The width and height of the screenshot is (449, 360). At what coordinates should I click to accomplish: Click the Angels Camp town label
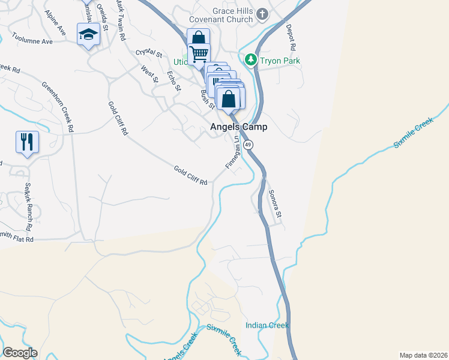coord(238,127)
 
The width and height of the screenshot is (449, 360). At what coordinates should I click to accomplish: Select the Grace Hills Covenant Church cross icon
coord(262,13)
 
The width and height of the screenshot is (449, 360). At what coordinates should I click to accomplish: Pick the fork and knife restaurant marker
coord(27,142)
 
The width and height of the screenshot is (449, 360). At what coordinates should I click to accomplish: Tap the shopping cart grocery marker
coord(199,54)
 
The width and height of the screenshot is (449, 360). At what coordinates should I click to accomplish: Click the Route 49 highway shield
coord(249,145)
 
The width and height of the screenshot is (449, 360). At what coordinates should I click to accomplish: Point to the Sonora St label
coord(275,203)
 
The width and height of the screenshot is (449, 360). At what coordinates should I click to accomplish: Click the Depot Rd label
coord(291,37)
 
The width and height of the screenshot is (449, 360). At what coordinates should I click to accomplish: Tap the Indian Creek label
coord(267,325)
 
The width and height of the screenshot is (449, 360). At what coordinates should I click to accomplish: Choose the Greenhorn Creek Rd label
coord(58,107)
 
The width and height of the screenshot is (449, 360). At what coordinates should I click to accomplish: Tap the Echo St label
coord(173,80)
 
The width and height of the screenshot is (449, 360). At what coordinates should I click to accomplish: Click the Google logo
coord(20,353)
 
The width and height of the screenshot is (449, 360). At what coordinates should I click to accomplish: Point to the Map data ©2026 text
coord(423,355)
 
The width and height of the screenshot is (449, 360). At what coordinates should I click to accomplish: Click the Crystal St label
coord(149,53)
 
